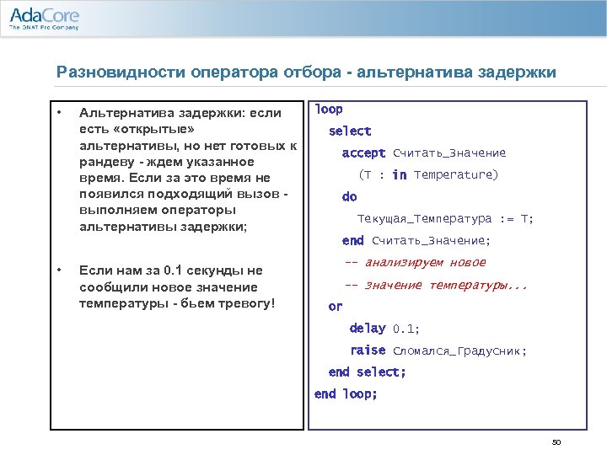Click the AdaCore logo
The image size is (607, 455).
coord(44,18)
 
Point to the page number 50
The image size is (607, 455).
coord(556,443)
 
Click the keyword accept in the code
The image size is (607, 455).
coord(363,153)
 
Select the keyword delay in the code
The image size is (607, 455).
coord(368,329)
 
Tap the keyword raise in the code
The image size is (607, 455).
coord(368,351)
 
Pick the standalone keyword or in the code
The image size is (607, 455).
coord(336,307)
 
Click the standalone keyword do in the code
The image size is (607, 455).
coord(349,197)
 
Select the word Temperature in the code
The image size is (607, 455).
coord(455,175)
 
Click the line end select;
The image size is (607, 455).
coord(367,372)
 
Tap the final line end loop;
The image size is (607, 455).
coord(346,394)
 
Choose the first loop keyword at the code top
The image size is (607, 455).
coord(328,110)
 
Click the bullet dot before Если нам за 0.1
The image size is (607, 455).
coord(59,270)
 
